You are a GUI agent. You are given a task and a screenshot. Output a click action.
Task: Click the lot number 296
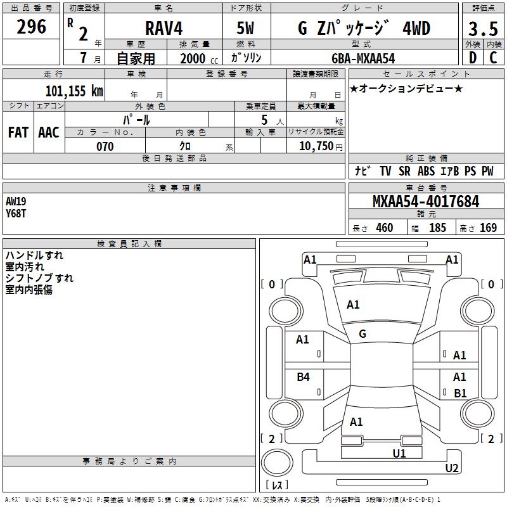tap(31, 27)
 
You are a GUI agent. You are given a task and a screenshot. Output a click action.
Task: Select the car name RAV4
tap(164, 28)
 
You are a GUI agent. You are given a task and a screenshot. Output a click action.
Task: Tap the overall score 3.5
tap(483, 29)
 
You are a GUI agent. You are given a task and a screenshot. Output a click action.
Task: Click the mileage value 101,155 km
tap(74, 91)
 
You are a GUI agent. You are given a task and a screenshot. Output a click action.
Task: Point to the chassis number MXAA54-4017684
tap(426, 202)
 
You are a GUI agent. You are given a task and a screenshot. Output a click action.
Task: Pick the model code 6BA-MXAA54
tap(363, 58)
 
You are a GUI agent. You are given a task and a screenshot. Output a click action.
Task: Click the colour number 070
tap(105, 146)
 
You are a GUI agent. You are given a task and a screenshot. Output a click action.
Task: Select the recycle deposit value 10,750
tap(316, 146)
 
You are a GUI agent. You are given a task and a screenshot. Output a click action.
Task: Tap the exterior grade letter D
tap(473, 58)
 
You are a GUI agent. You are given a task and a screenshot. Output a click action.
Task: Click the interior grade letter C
tap(494, 58)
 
